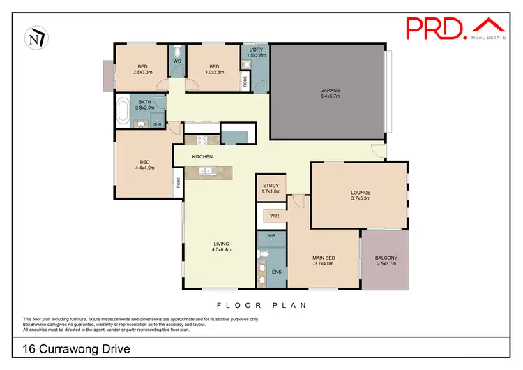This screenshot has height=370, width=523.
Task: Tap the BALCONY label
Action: point(385,258)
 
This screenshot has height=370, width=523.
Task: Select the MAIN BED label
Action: point(324,258)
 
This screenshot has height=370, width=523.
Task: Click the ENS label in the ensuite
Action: point(275,272)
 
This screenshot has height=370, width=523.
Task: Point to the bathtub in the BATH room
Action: point(124,111)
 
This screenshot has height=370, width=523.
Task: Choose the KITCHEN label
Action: point(202,156)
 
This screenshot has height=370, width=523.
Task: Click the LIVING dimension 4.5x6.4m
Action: point(221,249)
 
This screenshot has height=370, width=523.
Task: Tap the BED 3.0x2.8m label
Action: point(214,68)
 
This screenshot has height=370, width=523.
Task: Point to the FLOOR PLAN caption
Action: point(261,305)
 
